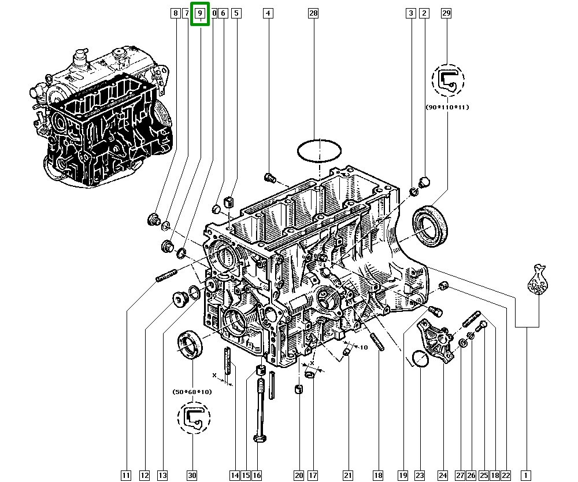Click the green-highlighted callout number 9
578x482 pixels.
click(200, 14)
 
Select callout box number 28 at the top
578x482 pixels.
click(313, 13)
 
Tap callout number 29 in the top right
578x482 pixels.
click(446, 13)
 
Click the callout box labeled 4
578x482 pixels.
click(268, 13)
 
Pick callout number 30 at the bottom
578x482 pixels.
click(192, 476)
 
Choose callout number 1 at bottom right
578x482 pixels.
click(525, 476)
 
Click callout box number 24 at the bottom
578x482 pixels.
click(443, 476)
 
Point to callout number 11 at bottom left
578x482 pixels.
click(126, 476)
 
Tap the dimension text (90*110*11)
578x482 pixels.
click(447, 108)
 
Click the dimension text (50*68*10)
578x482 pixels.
click(192, 392)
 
